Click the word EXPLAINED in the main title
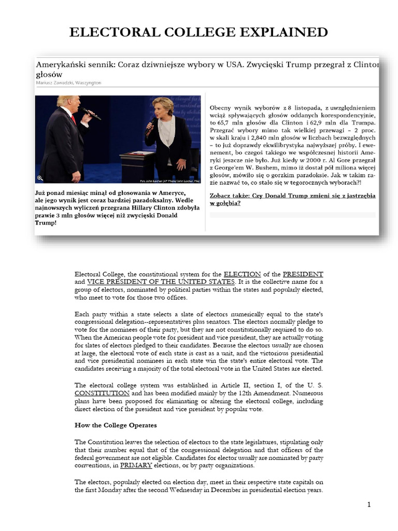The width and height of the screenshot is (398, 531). (281, 32)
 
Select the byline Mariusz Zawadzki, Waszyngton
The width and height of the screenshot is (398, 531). (68, 82)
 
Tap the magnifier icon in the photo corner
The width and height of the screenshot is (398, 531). (40, 178)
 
